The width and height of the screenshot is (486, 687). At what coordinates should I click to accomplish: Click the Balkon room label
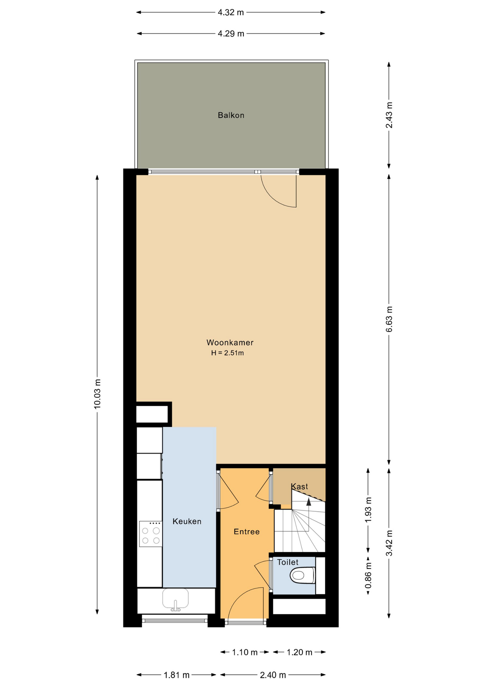tap(231, 115)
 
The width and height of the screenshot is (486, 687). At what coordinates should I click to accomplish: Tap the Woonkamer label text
tap(230, 342)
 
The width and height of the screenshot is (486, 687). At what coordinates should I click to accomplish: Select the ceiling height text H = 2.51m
tap(227, 353)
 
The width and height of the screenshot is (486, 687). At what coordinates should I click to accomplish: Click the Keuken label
tap(187, 521)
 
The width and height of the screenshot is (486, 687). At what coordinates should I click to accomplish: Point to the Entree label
tap(247, 532)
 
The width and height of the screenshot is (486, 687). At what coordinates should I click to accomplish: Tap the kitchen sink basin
tap(175, 599)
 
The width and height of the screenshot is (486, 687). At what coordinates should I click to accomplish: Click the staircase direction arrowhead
tap(308, 502)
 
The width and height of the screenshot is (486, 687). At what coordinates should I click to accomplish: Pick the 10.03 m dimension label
tap(97, 394)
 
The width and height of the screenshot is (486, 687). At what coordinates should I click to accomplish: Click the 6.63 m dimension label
tap(389, 319)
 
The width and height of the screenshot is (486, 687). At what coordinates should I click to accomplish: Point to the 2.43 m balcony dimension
tap(389, 115)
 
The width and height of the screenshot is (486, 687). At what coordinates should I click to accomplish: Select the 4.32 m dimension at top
tap(231, 13)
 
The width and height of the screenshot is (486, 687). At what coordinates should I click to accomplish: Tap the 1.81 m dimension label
tap(176, 675)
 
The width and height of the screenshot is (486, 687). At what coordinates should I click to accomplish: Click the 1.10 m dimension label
tap(245, 652)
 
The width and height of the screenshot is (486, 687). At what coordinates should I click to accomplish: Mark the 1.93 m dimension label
tap(368, 510)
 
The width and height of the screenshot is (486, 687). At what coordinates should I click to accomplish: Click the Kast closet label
tap(299, 487)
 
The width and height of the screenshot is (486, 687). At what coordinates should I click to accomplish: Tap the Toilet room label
tap(288, 562)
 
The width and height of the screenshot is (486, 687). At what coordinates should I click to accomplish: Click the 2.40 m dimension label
tap(273, 675)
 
